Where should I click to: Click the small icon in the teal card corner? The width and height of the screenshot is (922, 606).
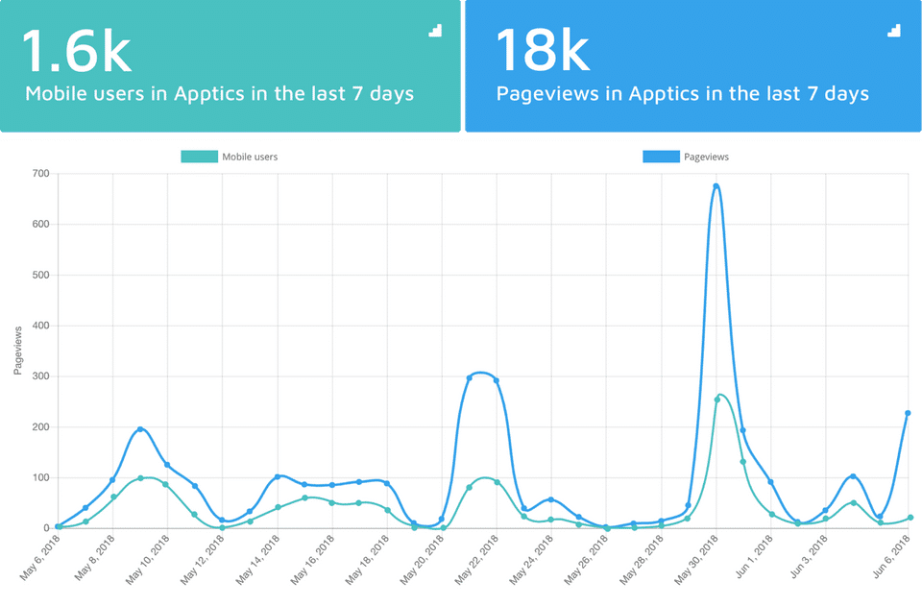(435, 31)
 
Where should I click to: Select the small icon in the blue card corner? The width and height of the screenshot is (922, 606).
(895, 31)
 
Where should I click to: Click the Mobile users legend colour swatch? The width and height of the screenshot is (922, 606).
(199, 157)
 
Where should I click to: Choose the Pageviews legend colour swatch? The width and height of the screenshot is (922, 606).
(661, 157)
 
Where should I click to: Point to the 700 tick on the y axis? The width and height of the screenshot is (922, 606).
(39, 174)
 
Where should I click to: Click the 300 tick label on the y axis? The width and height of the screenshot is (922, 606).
(39, 376)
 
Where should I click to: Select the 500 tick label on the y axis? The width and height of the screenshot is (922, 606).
(39, 275)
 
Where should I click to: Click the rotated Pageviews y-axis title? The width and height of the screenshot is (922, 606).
(18, 351)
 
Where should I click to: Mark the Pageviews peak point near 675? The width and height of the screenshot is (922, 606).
(716, 186)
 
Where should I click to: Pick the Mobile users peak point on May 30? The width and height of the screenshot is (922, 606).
(716, 400)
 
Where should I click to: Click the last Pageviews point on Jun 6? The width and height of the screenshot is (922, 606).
(908, 413)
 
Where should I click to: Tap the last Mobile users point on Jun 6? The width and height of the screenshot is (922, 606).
(910, 518)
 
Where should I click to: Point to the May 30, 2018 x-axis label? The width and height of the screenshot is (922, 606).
(698, 560)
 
